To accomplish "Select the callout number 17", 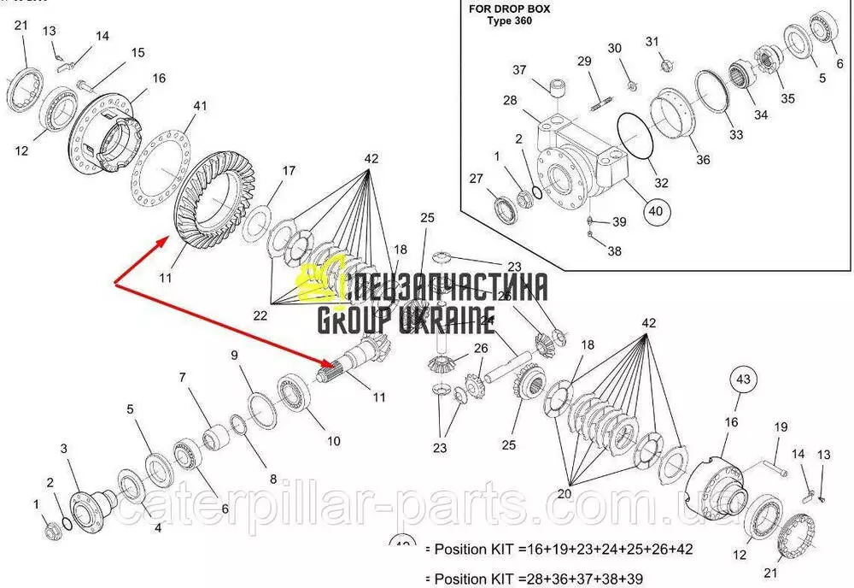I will click(x=288, y=170).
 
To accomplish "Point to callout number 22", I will click(x=260, y=315).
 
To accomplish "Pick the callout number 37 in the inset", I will click(x=520, y=69).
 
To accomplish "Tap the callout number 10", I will click(x=332, y=441).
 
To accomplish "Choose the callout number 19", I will click(x=780, y=427).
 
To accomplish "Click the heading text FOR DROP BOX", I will click(x=510, y=9).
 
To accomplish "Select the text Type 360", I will click(x=510, y=21).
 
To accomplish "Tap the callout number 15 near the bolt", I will click(x=137, y=54).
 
